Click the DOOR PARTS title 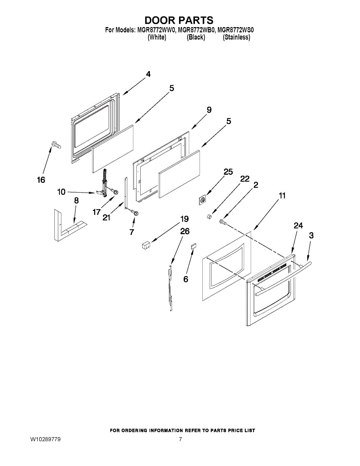click(x=179, y=20)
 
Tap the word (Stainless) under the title click(x=236, y=37)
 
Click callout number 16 click(x=41, y=180)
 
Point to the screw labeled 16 click(x=55, y=145)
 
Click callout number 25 click(x=228, y=172)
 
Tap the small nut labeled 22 click(x=209, y=215)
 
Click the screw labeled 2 click(x=223, y=222)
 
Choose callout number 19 click(x=184, y=219)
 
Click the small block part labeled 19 click(x=146, y=245)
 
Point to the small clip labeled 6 click(x=193, y=246)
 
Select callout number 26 click(x=185, y=231)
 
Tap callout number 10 click(x=61, y=191)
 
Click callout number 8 click(x=76, y=201)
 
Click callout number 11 click(x=282, y=196)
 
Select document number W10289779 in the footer click(x=45, y=440)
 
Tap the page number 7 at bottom click(x=180, y=440)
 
